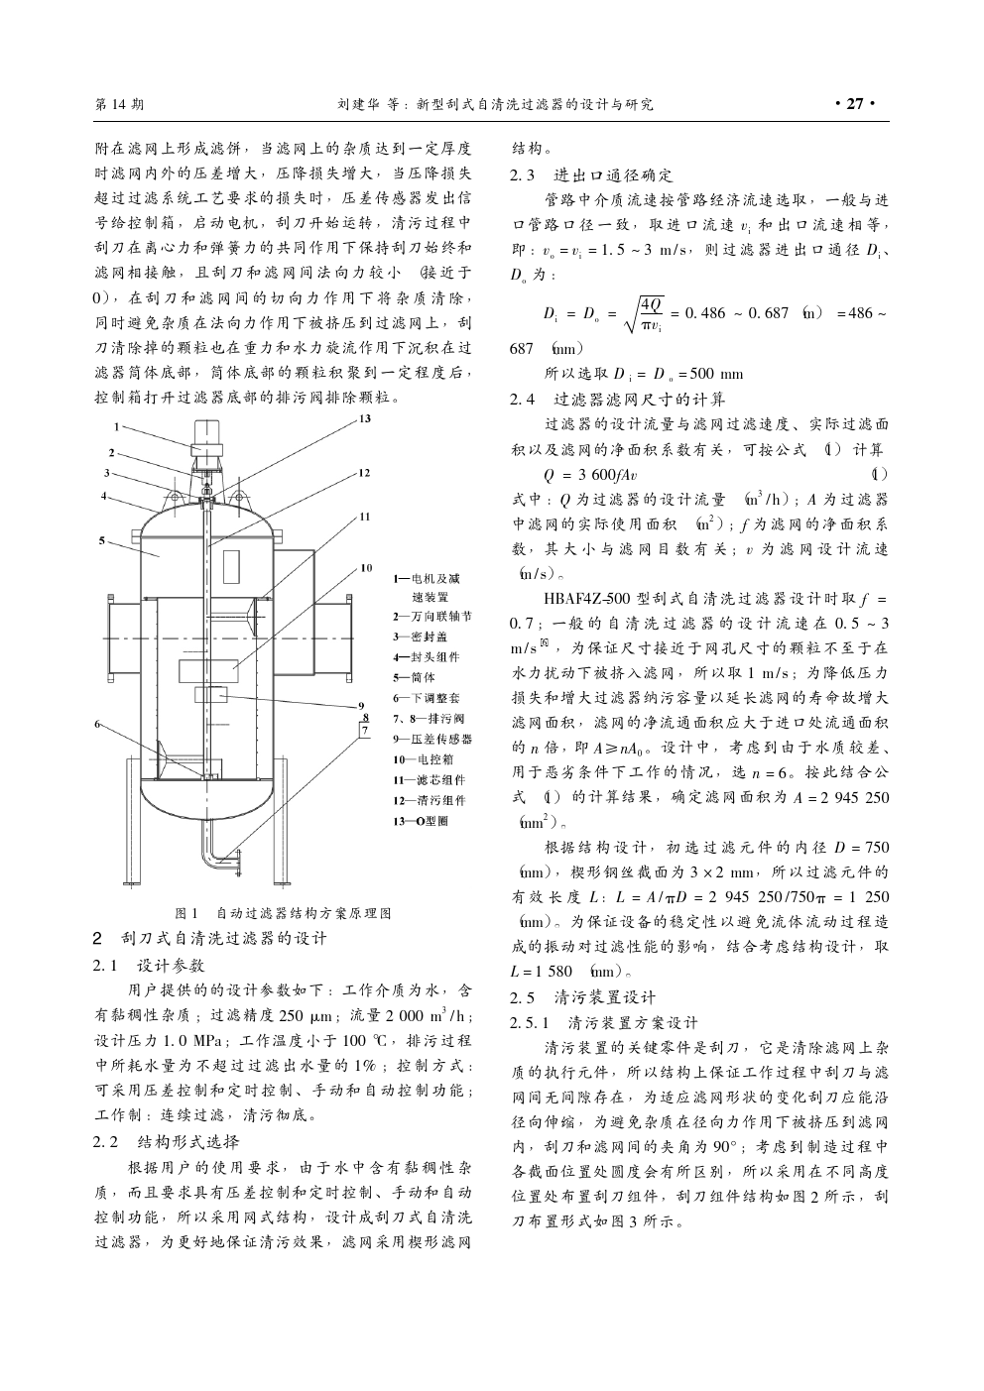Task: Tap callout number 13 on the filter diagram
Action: click(364, 419)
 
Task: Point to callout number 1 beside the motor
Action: click(116, 428)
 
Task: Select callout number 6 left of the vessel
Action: click(97, 725)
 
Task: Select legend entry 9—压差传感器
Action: click(432, 739)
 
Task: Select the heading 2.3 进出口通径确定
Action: click(591, 175)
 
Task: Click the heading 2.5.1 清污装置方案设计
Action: click(604, 1021)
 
